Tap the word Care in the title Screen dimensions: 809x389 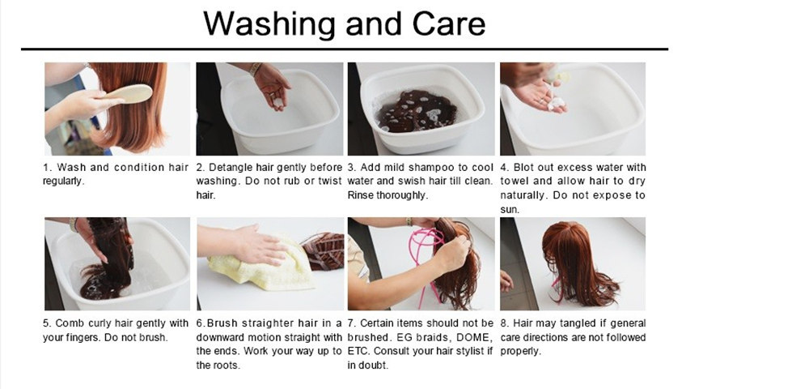[x=448, y=24]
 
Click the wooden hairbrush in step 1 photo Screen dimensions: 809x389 [x=128, y=95]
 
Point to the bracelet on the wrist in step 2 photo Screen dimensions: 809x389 [x=255, y=69]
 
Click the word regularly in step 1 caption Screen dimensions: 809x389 [x=62, y=182]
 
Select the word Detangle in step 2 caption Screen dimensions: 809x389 [x=227, y=168]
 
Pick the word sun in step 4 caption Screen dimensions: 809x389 [x=509, y=210]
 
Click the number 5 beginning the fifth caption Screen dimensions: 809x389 [x=46, y=324]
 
